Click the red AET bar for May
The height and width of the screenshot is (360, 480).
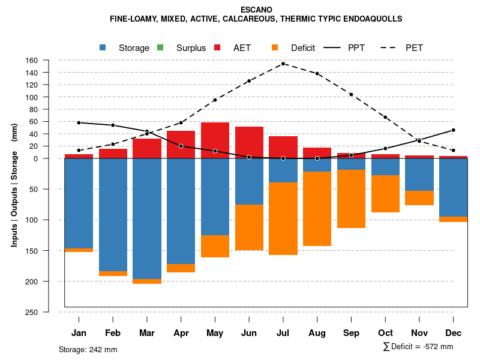215,140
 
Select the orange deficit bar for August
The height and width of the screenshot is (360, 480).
317,209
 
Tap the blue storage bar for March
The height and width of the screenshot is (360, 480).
147,218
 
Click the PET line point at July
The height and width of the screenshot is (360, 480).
283,64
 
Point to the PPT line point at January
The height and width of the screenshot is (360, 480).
79,122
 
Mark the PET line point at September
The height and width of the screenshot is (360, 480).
351,94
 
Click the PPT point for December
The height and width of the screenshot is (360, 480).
454,130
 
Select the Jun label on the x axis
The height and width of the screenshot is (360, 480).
249,333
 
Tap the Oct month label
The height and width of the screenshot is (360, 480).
385,333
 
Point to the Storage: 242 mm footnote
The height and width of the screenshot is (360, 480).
88,349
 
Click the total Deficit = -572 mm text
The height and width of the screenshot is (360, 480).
418,347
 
